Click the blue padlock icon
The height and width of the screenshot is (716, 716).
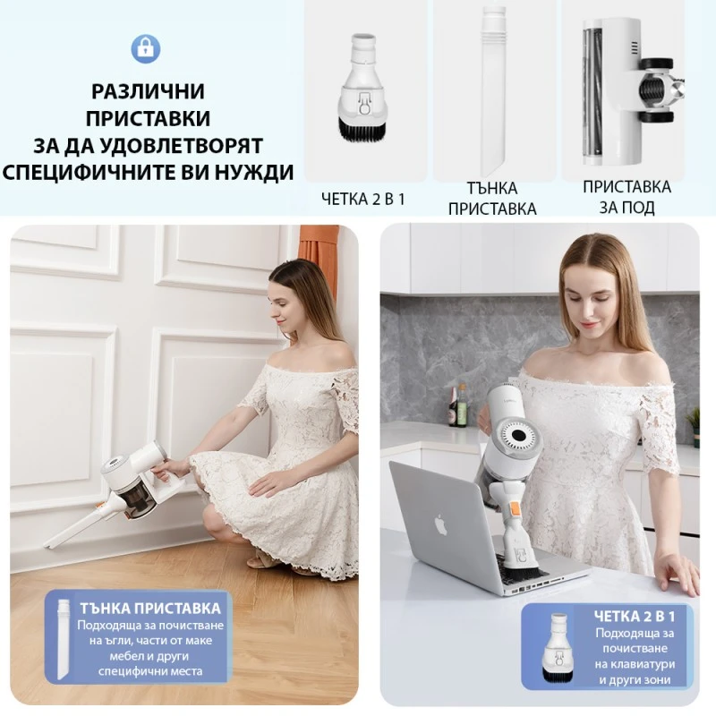(x=146, y=47)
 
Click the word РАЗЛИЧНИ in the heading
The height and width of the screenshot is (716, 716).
(x=148, y=91)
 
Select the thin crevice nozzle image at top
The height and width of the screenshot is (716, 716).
(x=493, y=89)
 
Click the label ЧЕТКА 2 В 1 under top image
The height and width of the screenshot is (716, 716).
(x=363, y=199)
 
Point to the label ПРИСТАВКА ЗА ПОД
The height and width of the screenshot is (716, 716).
(x=626, y=197)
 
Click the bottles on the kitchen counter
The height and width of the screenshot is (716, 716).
(x=457, y=407)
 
